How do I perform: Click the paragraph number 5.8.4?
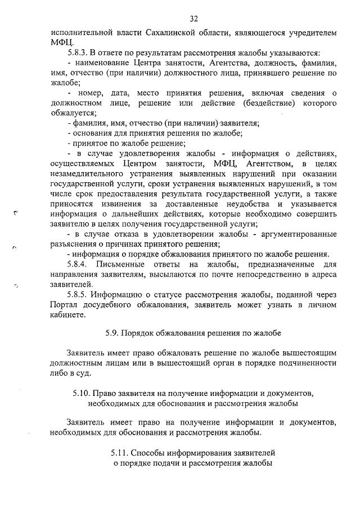coord(79,264)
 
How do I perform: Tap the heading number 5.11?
coord(125,453)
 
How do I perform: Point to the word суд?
coord(89,373)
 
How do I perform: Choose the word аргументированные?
coord(300,234)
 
